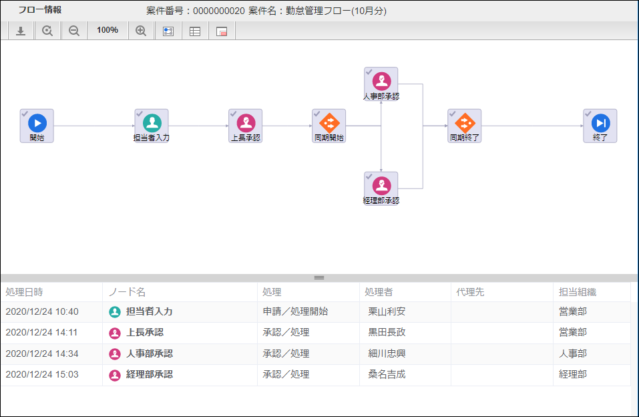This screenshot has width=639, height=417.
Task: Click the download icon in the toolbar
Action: [21, 31]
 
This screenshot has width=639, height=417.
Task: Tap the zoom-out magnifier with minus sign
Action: [74, 31]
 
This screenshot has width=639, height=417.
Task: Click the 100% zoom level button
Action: [108, 30]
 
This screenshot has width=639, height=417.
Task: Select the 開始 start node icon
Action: [37, 123]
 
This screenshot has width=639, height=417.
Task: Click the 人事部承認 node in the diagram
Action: [381, 82]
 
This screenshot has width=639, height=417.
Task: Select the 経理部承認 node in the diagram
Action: [381, 186]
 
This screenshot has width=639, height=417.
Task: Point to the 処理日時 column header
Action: [24, 292]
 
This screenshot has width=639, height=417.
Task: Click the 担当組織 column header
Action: [578, 292]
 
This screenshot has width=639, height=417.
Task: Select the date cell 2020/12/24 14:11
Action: [42, 332]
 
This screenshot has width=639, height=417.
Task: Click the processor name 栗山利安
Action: [387, 311]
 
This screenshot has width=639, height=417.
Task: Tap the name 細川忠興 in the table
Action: [387, 354]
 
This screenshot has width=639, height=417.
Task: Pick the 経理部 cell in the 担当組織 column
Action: [573, 374]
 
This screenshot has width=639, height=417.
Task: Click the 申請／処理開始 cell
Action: [295, 311]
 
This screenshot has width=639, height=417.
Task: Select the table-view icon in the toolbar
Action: [195, 31]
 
